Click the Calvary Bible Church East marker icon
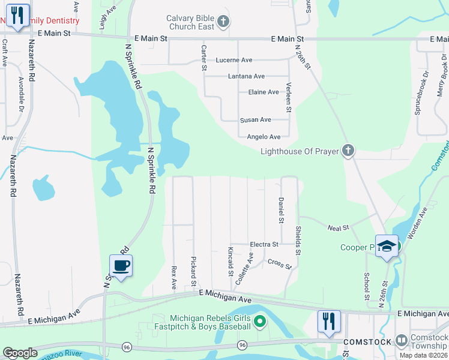pos(223,22)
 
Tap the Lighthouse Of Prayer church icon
pos(348,151)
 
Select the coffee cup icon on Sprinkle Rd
pos(121,265)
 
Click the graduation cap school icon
pos(387,246)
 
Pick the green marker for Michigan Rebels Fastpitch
pos(259,322)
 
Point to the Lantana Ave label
pos(246,76)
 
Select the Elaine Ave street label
pos(264,92)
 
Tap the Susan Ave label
pos(256,120)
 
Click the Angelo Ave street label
pos(264,137)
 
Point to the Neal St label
pos(339,228)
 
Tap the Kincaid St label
pos(231,261)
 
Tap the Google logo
pos(20,353)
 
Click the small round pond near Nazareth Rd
pos(43,188)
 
